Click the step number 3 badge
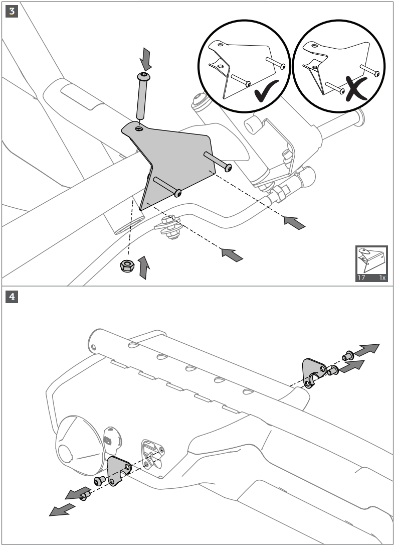tap(12, 12)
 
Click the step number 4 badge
tap(12, 297)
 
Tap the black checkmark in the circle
tap(266, 91)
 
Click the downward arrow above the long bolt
tap(146, 59)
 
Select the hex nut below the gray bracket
tap(127, 265)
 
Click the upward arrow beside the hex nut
tap(143, 267)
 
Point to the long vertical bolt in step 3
tap(142, 96)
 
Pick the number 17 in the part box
tap(361, 278)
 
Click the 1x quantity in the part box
tap(382, 278)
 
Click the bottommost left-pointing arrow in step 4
tap(62, 510)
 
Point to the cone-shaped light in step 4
tap(80, 446)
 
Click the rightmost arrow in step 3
tap(294, 223)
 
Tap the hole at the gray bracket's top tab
tap(139, 129)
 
